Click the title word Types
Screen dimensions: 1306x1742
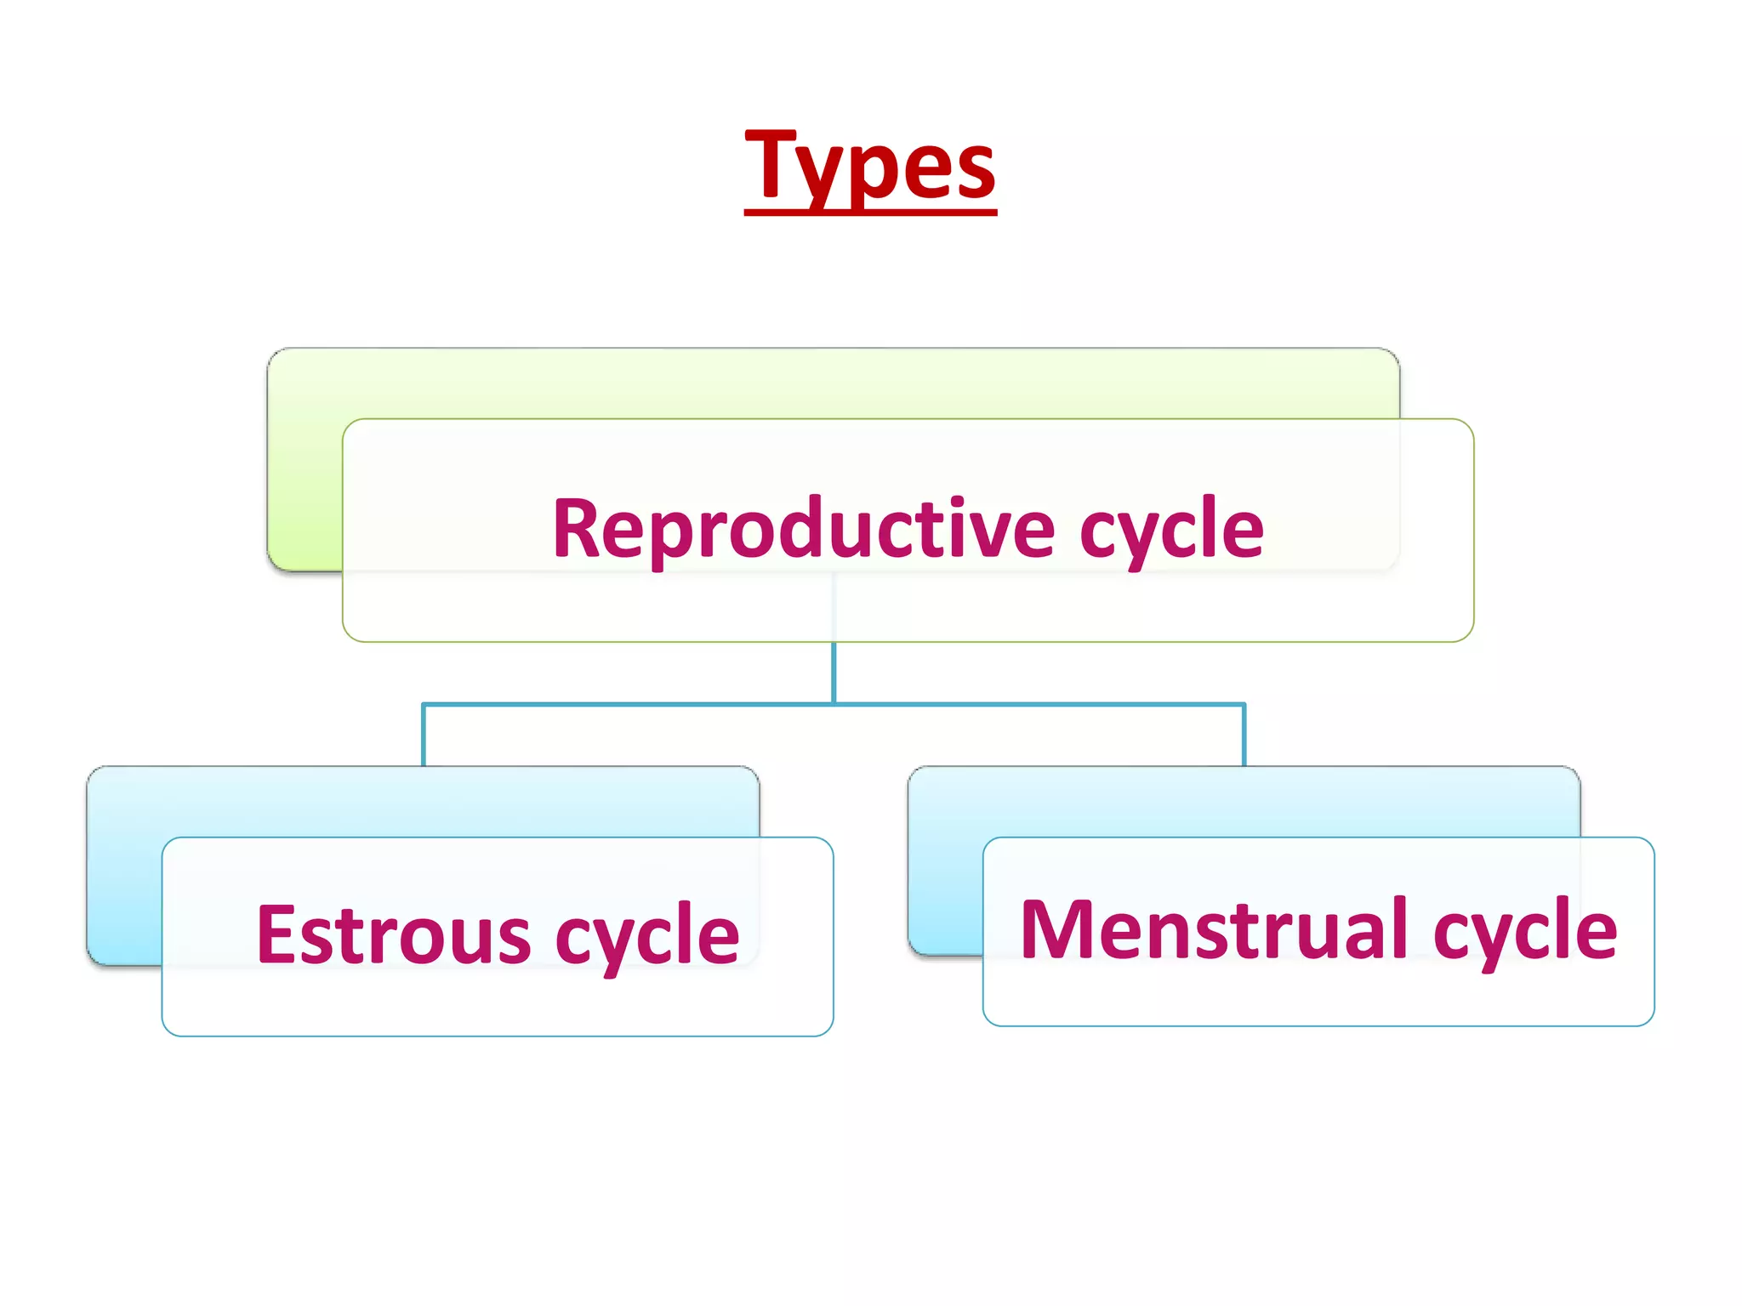click(x=869, y=166)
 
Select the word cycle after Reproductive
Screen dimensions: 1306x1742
click(x=1172, y=529)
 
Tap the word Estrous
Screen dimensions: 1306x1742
click(x=394, y=935)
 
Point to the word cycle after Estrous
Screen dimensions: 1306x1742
click(x=647, y=935)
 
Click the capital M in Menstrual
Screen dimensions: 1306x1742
click(x=1055, y=930)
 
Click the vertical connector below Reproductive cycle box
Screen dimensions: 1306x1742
click(x=834, y=672)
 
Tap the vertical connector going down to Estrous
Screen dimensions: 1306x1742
click(x=424, y=736)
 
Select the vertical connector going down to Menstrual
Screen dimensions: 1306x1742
click(x=1244, y=736)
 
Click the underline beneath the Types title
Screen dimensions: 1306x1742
click(x=869, y=211)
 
